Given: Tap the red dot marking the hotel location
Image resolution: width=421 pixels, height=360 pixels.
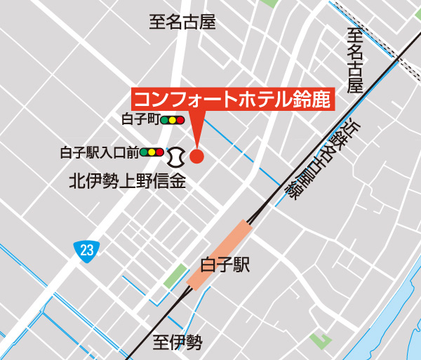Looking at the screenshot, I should (196, 156).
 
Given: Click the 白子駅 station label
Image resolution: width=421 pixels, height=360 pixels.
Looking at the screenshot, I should (225, 265).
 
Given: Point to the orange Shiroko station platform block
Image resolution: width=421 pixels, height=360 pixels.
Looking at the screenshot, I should (219, 253).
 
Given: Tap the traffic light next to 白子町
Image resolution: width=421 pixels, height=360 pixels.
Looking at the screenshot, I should (172, 120).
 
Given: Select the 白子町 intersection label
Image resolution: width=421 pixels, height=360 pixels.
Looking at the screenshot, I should (141, 120).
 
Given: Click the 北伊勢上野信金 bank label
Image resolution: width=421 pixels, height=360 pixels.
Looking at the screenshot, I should (126, 182).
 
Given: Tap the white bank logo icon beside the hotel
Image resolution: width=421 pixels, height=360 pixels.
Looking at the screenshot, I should (175, 154).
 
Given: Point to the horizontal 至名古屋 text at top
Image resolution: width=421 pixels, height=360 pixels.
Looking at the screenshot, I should (182, 22).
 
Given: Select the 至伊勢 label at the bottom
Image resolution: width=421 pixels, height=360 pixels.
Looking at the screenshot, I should (178, 342).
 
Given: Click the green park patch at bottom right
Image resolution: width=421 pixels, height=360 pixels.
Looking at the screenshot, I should (321, 341).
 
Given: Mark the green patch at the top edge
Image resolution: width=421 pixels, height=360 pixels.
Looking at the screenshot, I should (268, 3).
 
